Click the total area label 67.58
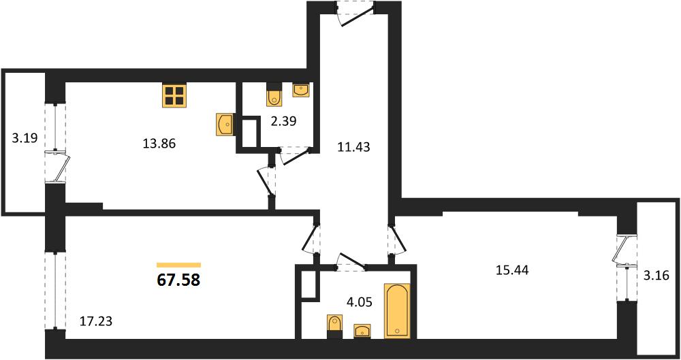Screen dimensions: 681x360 pos(178,280)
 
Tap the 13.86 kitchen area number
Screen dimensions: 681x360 pos(159,144)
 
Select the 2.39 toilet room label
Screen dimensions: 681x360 pos(283,121)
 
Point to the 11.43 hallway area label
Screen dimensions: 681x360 pos(354,147)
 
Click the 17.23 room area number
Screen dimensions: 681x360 pos(96,321)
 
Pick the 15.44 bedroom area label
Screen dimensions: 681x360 pos(512,270)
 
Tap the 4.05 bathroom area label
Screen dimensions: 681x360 pos(358,301)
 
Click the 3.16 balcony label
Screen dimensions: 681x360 pos(659,275)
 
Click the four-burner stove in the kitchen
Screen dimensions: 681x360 pos(174,95)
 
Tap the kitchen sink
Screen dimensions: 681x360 pos(225,125)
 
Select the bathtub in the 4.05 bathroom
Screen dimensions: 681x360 pos(397,310)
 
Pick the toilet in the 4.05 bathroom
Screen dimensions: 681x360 pos(334,327)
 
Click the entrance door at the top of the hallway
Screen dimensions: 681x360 pos(355,14)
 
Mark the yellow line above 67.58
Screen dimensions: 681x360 pos(178,265)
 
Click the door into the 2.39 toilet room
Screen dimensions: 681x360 pos(296,155)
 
